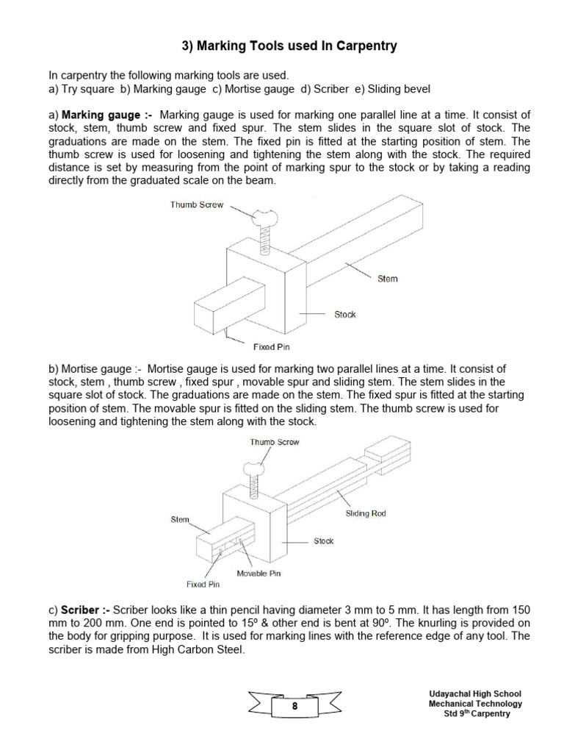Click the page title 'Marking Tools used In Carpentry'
289,46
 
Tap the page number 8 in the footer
294,706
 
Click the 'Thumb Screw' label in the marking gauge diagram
197,205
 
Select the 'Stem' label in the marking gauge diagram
388,279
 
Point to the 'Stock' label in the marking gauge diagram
344,314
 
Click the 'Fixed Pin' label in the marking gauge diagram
274,346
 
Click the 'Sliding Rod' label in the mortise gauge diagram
366,513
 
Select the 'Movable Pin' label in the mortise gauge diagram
258,573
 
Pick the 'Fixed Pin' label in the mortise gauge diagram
203,585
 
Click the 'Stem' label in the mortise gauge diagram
180,519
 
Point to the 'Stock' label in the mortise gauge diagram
324,540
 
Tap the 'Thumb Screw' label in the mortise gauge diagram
275,442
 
